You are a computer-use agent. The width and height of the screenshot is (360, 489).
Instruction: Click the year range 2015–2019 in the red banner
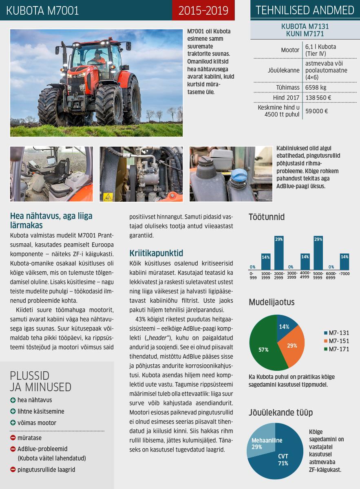coord(203,11)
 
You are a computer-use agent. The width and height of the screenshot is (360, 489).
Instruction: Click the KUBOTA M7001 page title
coord(42,11)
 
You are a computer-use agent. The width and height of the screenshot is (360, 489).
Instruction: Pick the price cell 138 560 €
coord(318,98)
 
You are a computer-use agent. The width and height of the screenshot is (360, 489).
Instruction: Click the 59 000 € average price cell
coord(317,111)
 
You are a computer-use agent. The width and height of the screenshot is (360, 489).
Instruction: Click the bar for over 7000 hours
coord(344,261)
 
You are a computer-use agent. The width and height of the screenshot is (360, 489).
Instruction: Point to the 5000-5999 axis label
coord(318,275)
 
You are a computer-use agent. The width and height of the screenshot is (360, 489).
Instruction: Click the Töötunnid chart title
coord(267,217)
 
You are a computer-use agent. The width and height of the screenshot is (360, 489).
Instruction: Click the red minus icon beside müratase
coord(13,438)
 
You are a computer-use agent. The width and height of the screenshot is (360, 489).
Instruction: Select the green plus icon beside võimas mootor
coord(13,423)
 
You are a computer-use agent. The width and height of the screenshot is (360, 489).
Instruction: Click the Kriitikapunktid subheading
coord(156,253)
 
